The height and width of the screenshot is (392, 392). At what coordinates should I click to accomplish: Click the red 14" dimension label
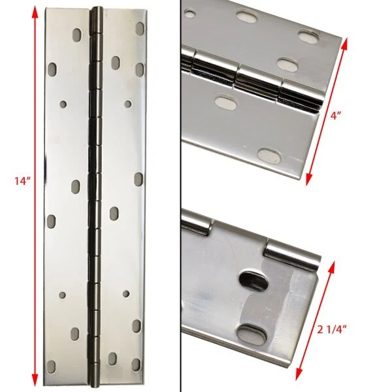tap(22, 180)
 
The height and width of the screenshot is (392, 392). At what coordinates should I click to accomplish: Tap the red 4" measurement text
tap(336, 116)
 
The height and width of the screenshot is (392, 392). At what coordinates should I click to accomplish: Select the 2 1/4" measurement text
tap(332, 330)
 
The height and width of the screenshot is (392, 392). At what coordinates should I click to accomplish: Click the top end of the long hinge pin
tap(97, 9)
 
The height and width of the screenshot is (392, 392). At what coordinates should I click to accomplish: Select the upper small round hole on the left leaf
tap(63, 104)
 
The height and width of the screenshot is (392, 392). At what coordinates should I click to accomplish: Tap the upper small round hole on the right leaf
tap(128, 104)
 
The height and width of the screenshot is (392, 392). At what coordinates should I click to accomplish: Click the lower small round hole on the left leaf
tap(62, 295)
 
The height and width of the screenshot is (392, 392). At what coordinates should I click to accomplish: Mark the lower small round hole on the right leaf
tap(126, 294)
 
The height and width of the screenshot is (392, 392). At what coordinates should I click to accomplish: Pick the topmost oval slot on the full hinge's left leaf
tap(77, 35)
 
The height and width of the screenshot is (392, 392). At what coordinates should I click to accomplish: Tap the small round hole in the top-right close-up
tap(189, 12)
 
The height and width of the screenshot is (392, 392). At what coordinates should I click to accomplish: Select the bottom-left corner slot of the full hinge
tap(51, 367)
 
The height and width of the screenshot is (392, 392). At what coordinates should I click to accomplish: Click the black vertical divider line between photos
tap(180, 196)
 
